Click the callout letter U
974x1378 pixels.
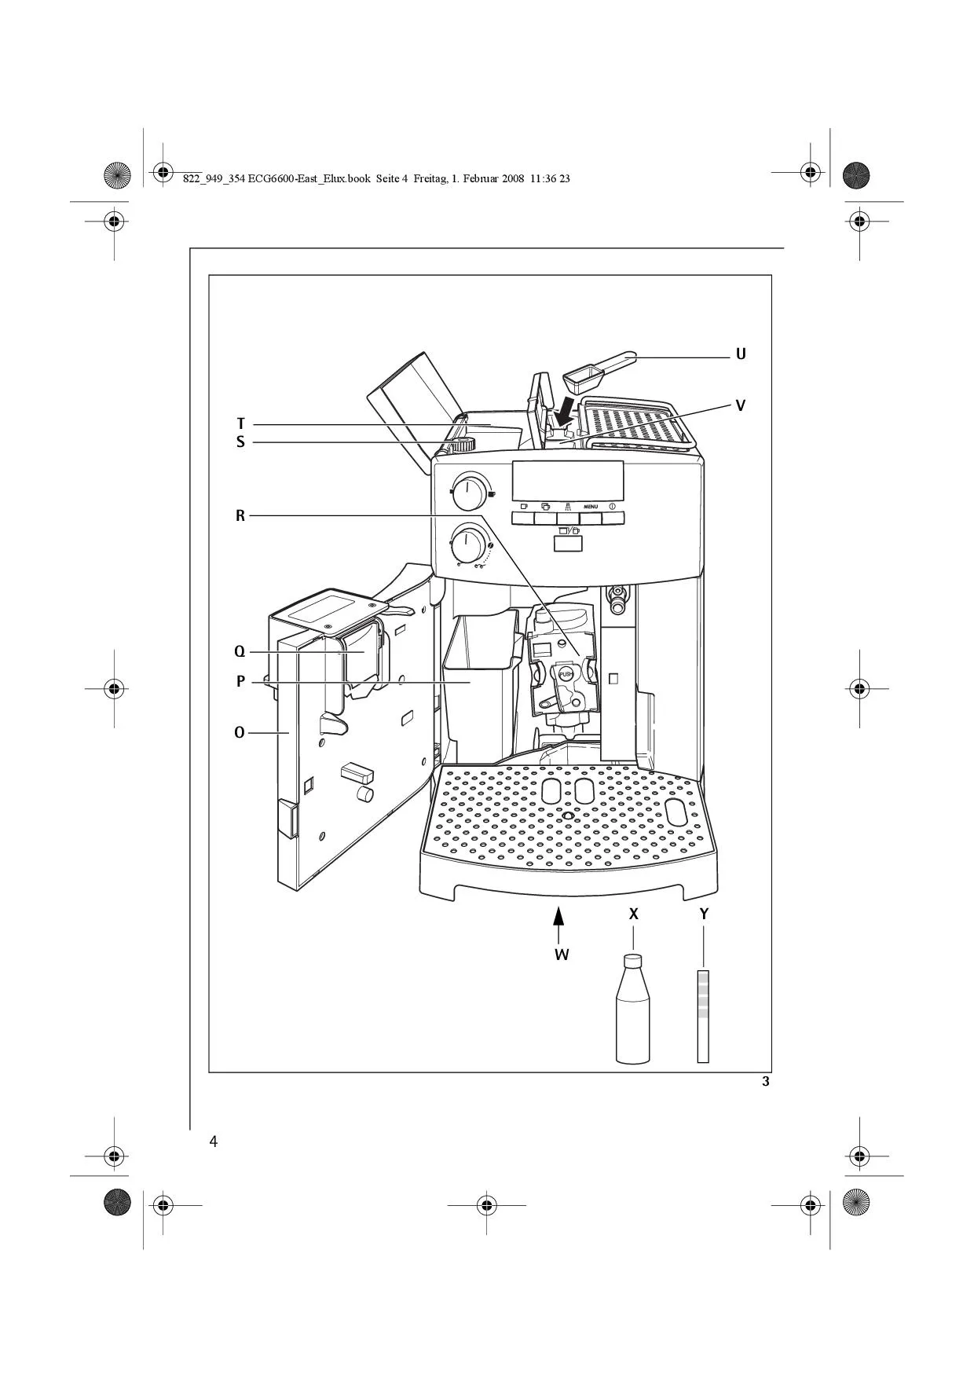click(741, 354)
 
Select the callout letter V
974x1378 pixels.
click(741, 406)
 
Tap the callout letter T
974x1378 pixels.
click(241, 424)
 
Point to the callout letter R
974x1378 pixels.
click(240, 516)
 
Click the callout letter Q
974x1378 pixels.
click(240, 652)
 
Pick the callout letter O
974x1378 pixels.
click(240, 733)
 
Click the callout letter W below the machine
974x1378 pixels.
click(562, 955)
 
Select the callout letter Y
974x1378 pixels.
click(705, 914)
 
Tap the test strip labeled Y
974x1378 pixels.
click(703, 1017)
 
